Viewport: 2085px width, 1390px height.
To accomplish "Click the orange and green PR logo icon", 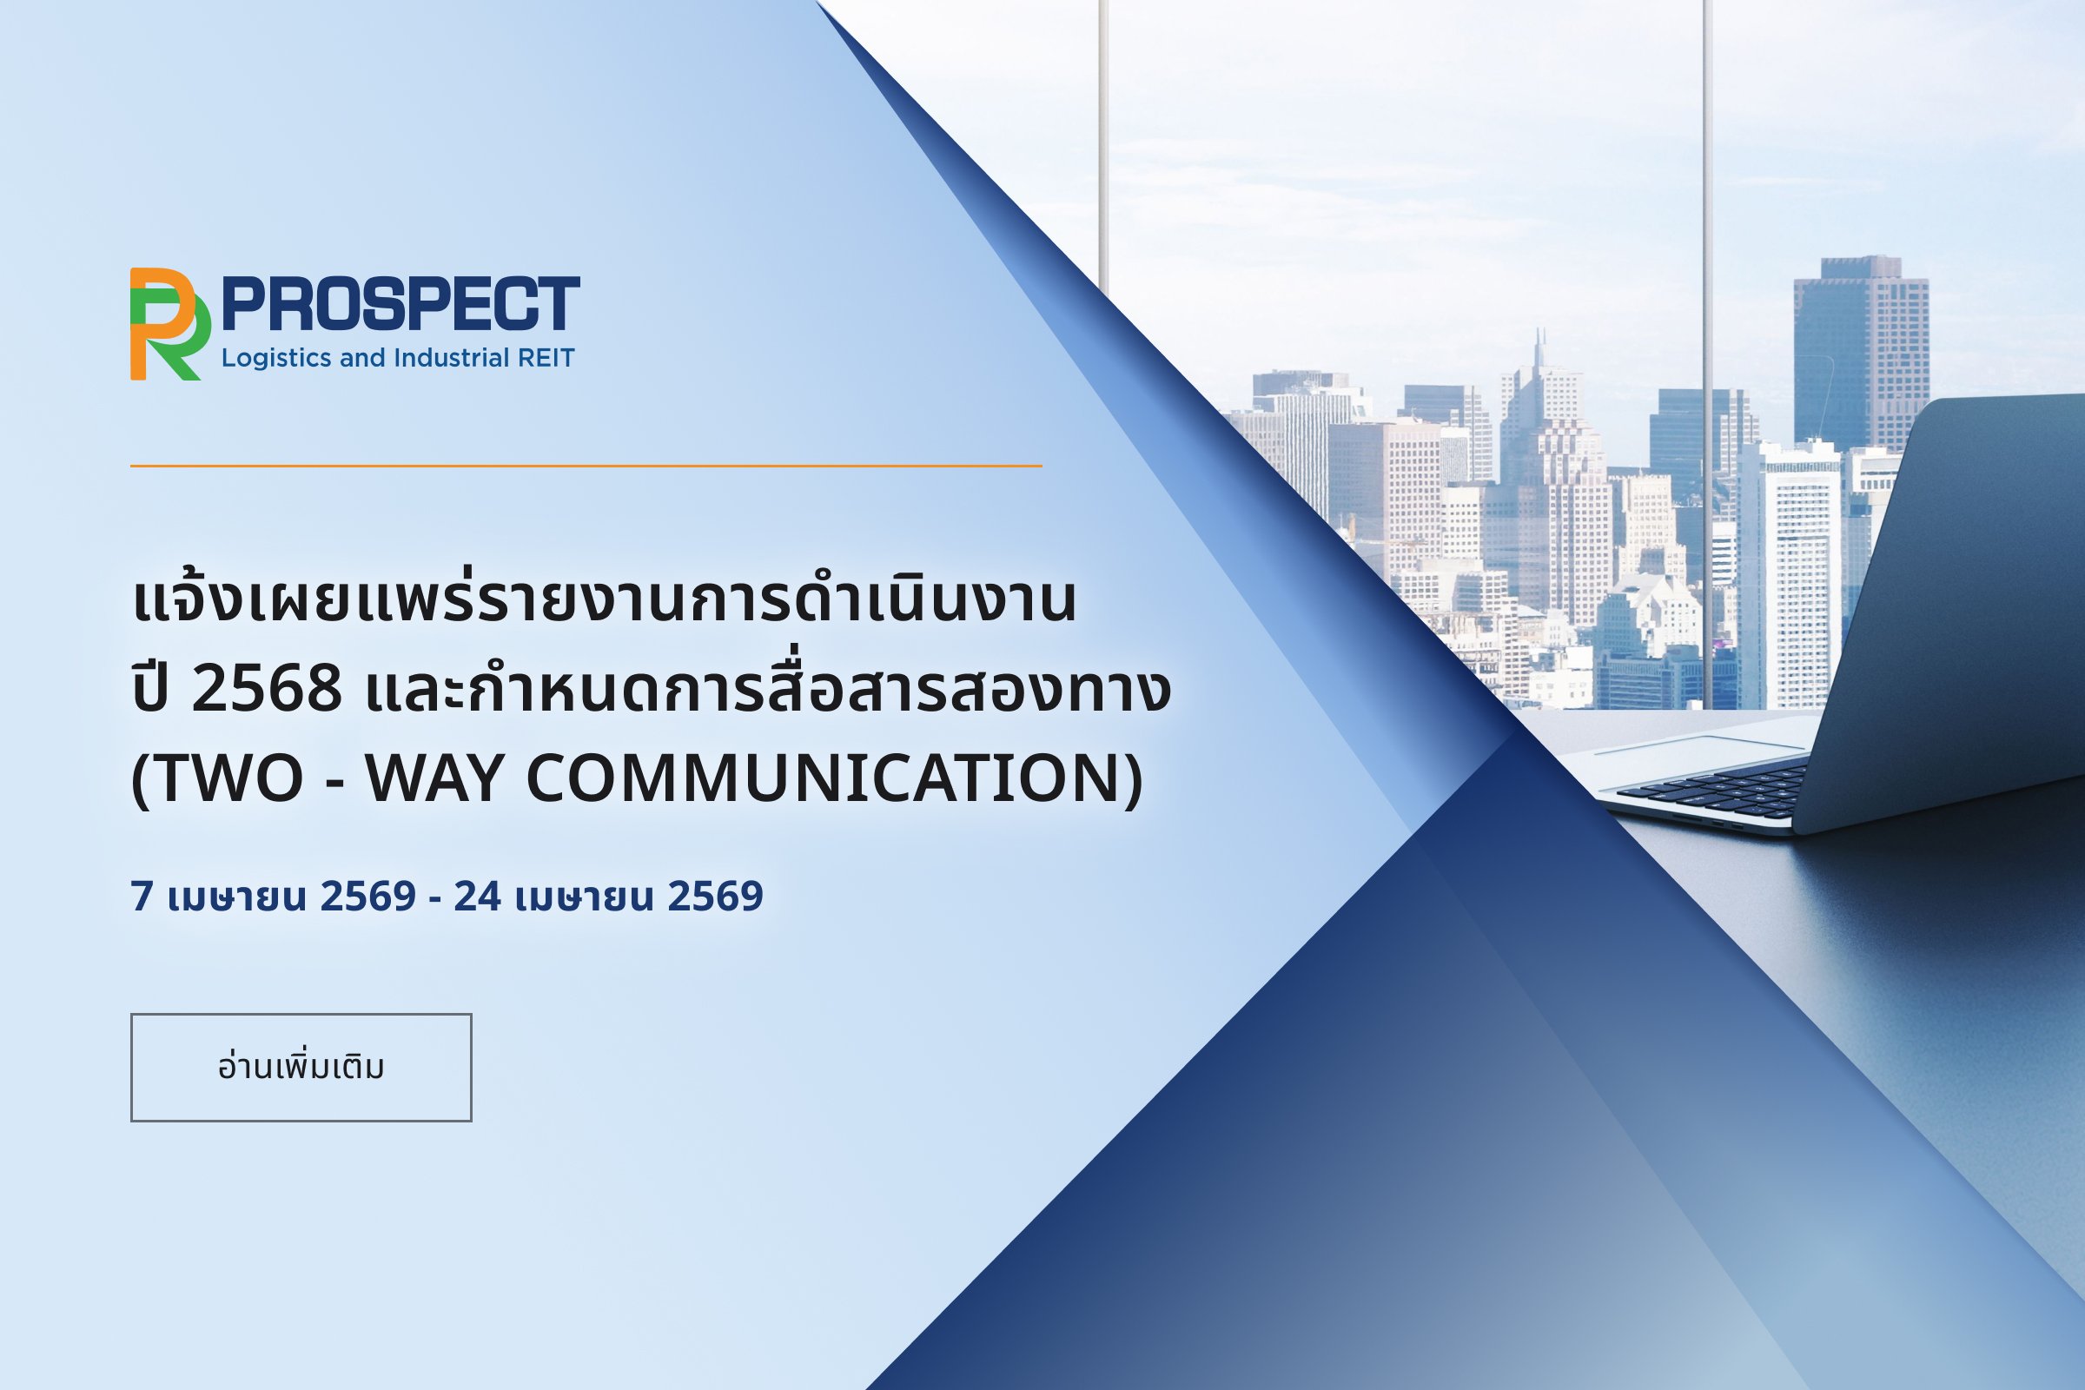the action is click(170, 323).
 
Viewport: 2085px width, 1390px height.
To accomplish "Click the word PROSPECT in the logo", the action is click(400, 304).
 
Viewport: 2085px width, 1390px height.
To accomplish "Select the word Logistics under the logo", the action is click(277, 359).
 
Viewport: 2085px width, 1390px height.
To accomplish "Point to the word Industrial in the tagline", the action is click(452, 358).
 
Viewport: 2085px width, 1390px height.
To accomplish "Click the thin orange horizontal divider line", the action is click(586, 466).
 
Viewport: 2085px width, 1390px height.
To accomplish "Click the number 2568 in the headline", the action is click(267, 689).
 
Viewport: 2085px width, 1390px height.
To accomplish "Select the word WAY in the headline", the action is click(434, 778).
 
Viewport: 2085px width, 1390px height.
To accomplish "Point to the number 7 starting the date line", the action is click(142, 897).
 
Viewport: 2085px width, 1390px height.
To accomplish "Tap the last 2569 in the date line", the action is click(714, 897).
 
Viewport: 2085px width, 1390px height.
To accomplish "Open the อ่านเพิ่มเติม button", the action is click(301, 1068).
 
